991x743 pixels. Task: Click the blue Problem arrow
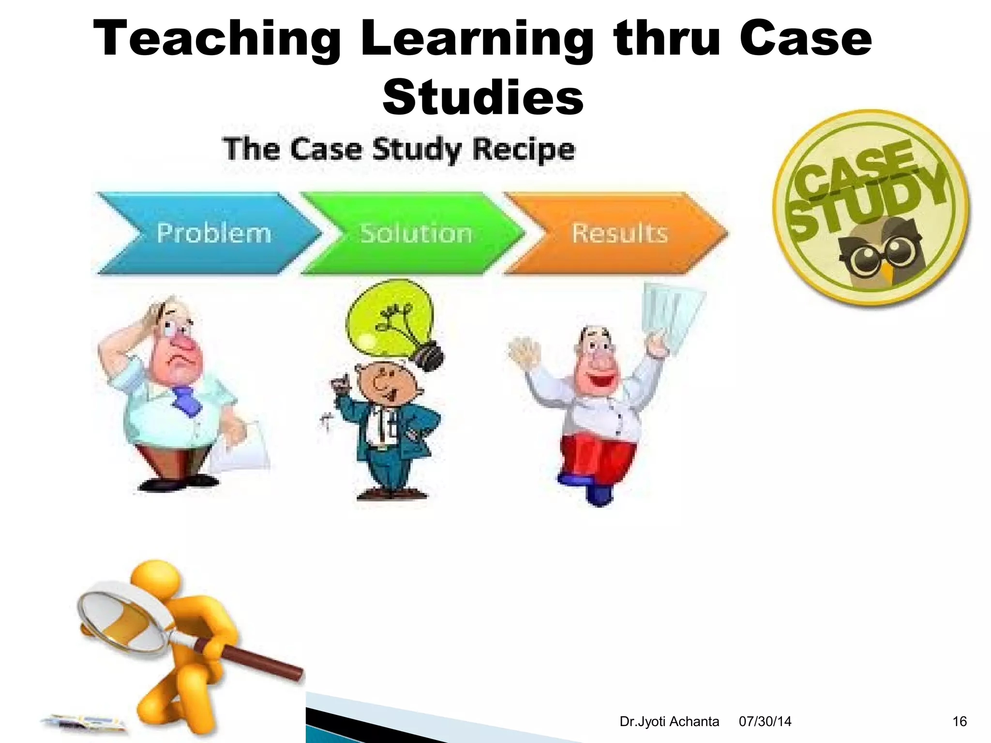click(x=208, y=234)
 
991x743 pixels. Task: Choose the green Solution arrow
click(x=414, y=234)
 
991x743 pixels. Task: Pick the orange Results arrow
click(x=617, y=234)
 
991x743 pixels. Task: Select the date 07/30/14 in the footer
click(x=765, y=722)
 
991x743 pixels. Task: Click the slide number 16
click(x=959, y=722)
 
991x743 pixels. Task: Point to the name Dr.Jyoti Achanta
click(x=669, y=722)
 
